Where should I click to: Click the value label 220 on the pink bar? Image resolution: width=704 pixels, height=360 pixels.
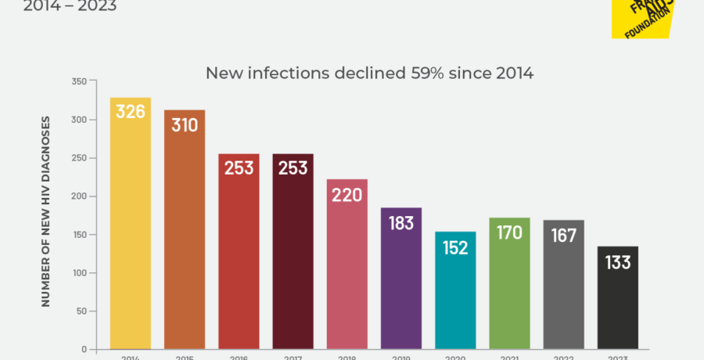click(347, 194)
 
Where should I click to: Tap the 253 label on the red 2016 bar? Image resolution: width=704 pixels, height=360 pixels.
click(239, 167)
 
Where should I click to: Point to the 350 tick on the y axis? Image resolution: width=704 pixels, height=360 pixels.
click(78, 81)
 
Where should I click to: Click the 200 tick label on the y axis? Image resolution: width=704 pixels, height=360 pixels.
click(78, 196)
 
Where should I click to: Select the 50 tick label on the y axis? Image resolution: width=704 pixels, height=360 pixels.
click(81, 311)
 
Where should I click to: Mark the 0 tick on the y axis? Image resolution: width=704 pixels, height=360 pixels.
click(84, 349)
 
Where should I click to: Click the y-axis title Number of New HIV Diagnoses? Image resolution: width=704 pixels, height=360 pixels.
click(45, 211)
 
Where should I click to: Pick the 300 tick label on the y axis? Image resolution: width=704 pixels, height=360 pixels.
click(78, 120)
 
